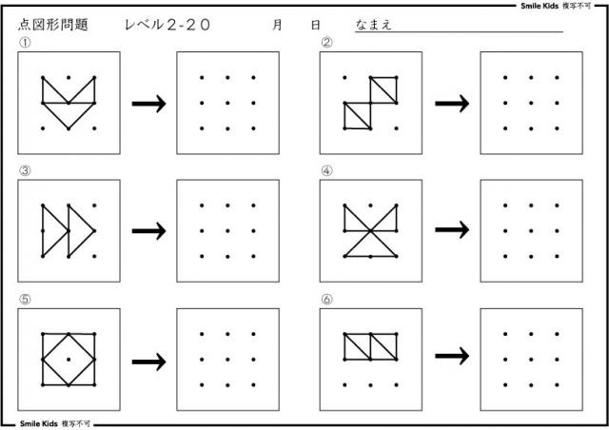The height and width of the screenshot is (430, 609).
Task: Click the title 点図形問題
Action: pyautogui.click(x=53, y=25)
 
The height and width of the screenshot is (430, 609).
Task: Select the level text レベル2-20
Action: pyautogui.click(x=167, y=25)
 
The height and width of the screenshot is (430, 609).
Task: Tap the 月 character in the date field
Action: pyautogui.click(x=277, y=25)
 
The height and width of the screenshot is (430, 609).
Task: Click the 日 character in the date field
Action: pyautogui.click(x=316, y=25)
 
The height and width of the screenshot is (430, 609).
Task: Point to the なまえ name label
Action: pyautogui.click(x=373, y=25)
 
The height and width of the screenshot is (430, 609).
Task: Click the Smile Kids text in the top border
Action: pyautogui.click(x=540, y=6)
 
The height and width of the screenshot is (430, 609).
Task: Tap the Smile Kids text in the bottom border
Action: pyautogui.click(x=39, y=423)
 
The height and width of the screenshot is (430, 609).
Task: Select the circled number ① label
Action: pyautogui.click(x=25, y=43)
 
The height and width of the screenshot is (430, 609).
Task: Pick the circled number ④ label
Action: pyautogui.click(x=326, y=170)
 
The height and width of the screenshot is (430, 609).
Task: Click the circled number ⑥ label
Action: pyautogui.click(x=326, y=299)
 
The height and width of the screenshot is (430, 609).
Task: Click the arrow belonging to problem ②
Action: pyautogui.click(x=452, y=104)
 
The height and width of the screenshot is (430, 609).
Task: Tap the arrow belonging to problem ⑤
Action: pyautogui.click(x=149, y=362)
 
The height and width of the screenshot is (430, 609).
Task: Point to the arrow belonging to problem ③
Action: pyautogui.click(x=149, y=231)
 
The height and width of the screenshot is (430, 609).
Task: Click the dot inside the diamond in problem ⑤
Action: pyautogui.click(x=69, y=360)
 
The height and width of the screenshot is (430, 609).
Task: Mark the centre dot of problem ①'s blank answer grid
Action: pyautogui.click(x=227, y=103)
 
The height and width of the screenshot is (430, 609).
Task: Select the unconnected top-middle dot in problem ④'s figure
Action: pyautogui.click(x=370, y=205)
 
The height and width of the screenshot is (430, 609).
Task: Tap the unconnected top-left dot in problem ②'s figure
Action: pyautogui.click(x=344, y=77)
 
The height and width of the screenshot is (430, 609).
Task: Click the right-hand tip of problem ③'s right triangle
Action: pyautogui.click(x=94, y=231)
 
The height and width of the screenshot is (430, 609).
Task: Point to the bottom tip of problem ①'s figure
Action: pyautogui.click(x=69, y=128)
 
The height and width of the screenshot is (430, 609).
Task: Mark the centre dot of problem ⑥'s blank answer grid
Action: pyautogui.click(x=531, y=360)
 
